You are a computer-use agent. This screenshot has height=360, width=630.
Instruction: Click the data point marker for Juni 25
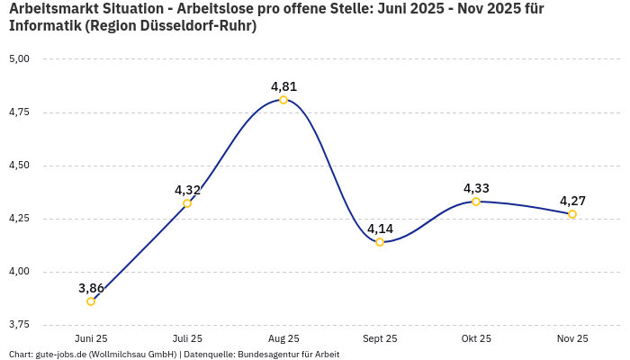click(91, 301)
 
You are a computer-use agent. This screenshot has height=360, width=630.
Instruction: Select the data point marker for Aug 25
click(283, 100)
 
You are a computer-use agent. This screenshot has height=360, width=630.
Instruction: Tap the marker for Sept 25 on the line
click(380, 242)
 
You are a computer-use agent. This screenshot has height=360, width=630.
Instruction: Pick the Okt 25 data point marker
click(476, 202)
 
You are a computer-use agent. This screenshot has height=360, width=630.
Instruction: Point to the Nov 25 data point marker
click(572, 214)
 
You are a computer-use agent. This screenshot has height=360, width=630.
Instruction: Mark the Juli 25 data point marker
click(187, 203)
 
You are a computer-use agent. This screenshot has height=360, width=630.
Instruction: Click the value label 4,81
click(283, 86)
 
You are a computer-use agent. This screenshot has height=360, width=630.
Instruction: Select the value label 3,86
click(91, 288)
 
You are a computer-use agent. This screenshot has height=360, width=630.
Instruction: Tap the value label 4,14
click(380, 229)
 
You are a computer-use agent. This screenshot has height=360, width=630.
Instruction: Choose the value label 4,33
click(476, 188)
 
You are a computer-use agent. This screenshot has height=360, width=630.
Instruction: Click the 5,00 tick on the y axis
click(19, 59)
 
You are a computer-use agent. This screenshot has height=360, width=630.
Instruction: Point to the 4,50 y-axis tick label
click(19, 166)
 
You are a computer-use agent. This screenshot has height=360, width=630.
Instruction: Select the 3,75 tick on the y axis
click(19, 324)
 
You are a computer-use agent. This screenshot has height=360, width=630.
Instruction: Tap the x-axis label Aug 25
click(283, 338)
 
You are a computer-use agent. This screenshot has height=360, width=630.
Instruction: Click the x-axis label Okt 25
click(476, 338)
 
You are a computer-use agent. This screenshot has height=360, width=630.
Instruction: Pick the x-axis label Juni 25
click(91, 338)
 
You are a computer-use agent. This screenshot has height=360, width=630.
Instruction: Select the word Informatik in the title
click(44, 26)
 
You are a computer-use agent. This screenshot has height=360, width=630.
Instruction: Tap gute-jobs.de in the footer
click(63, 354)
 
